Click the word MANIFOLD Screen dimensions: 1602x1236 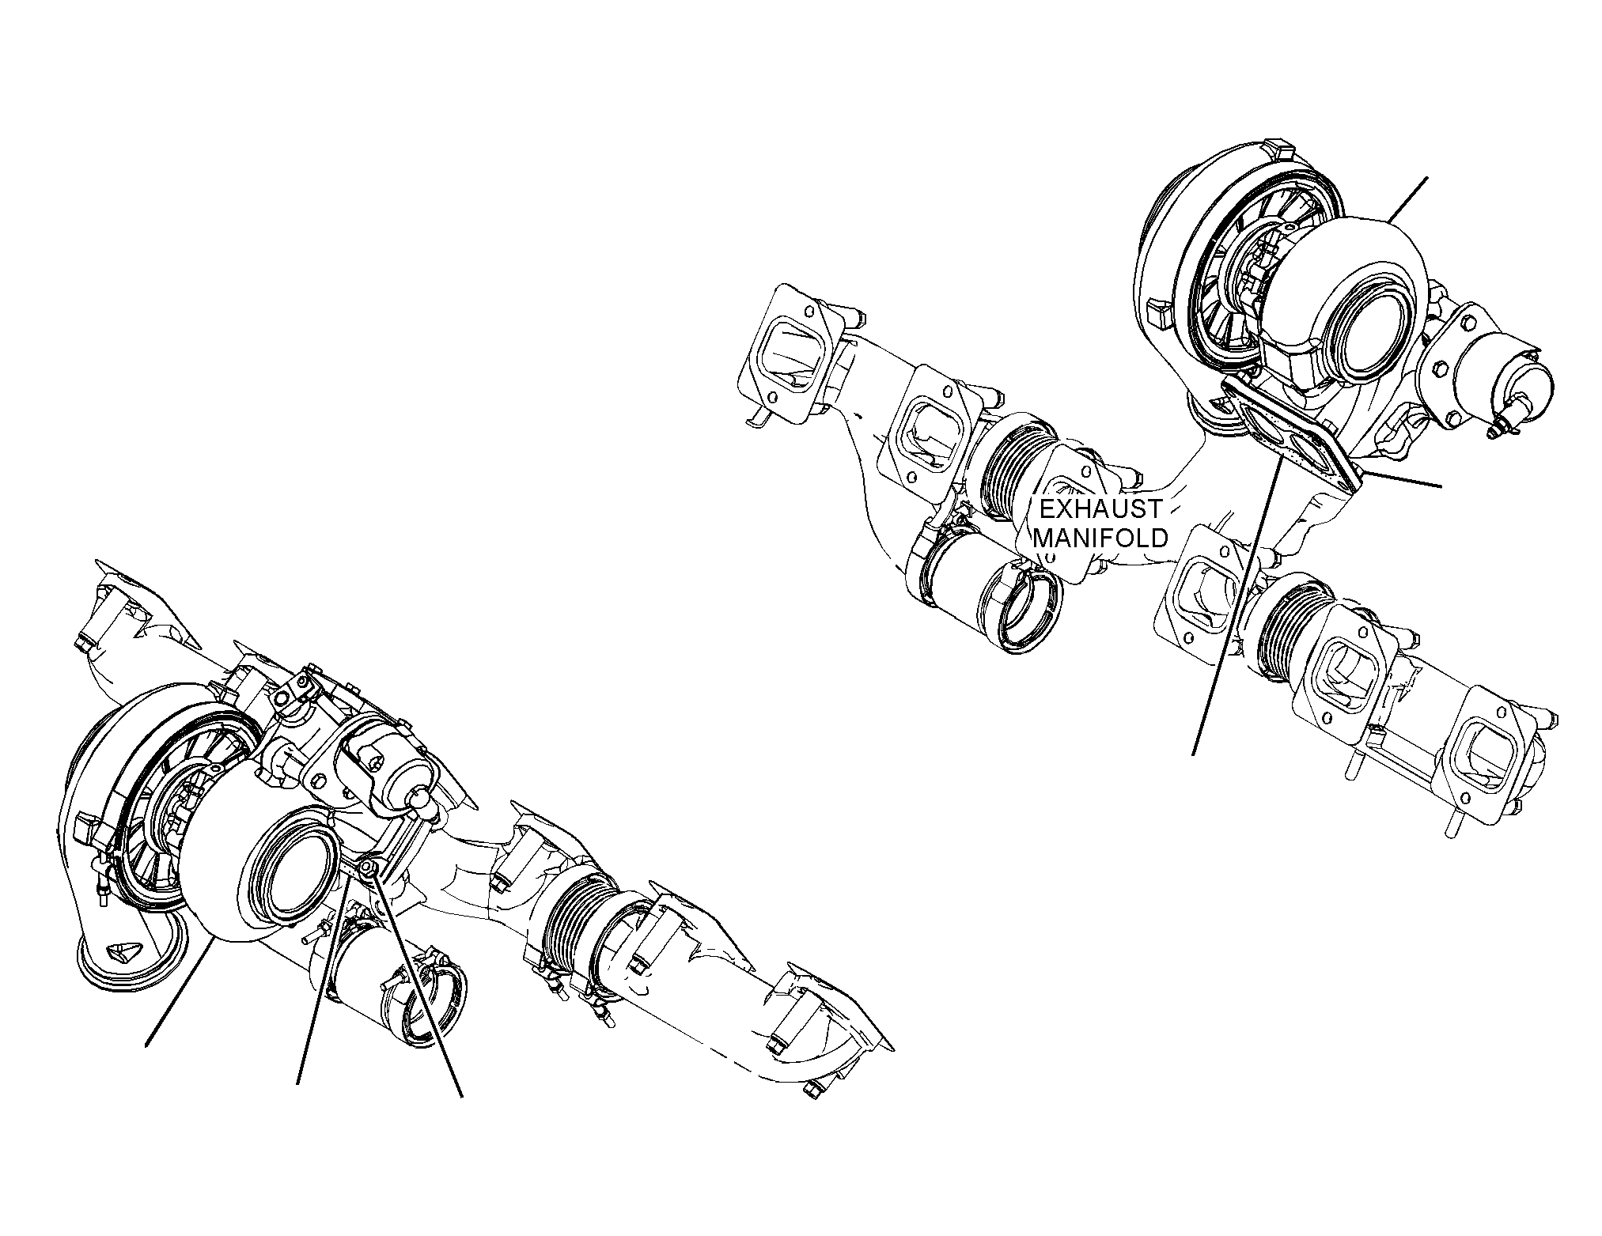tap(1101, 538)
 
